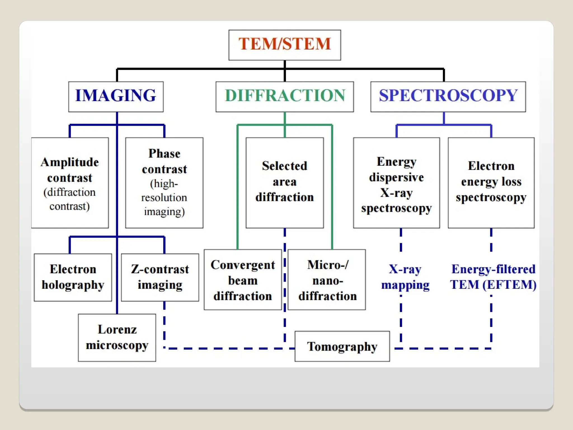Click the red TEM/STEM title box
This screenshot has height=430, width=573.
click(x=285, y=45)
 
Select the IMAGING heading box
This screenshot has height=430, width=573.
click(x=116, y=96)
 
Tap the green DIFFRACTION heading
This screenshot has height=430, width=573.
click(x=285, y=96)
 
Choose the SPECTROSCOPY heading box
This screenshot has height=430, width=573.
click(x=448, y=96)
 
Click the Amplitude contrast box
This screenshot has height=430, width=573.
click(x=70, y=183)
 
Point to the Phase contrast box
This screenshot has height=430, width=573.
click(x=164, y=183)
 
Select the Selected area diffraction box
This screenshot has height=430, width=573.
click(x=285, y=183)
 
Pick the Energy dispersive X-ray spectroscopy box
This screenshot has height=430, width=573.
click(x=396, y=183)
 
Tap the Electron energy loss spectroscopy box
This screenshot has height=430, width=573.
click(x=491, y=183)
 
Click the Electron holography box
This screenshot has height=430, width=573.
click(x=73, y=277)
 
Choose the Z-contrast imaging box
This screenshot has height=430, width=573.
click(x=160, y=277)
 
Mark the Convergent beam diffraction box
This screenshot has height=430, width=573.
click(x=243, y=280)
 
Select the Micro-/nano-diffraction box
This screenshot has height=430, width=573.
click(x=327, y=280)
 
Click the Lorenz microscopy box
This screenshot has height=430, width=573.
click(x=117, y=337)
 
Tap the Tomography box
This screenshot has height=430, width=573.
click(x=342, y=346)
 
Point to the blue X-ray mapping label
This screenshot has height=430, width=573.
click(x=405, y=277)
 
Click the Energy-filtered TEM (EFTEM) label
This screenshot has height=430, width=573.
click(x=493, y=277)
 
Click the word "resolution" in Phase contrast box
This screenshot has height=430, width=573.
click(x=164, y=198)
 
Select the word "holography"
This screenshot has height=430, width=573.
click(x=73, y=285)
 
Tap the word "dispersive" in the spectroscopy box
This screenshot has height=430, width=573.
click(x=396, y=177)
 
